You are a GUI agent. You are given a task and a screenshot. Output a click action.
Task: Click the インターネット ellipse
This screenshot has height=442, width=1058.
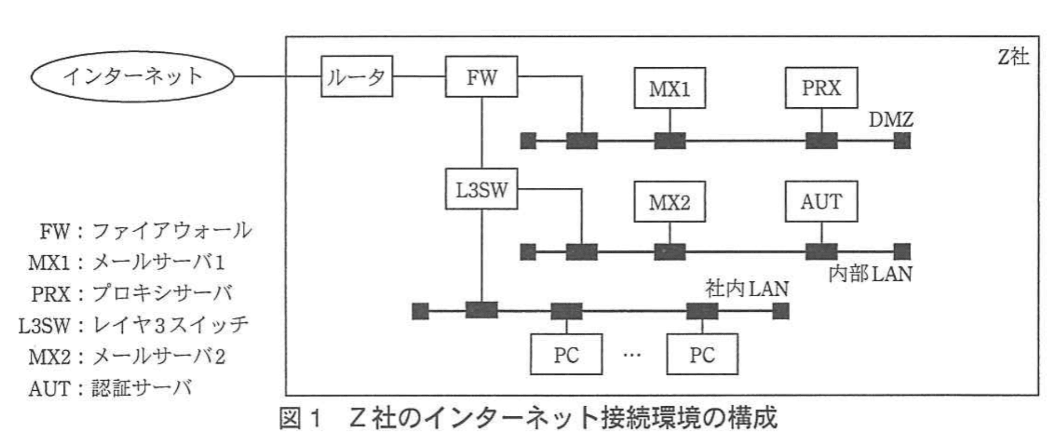pyautogui.click(x=132, y=76)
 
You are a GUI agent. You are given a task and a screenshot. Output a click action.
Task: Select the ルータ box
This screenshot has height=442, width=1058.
pyautogui.click(x=357, y=76)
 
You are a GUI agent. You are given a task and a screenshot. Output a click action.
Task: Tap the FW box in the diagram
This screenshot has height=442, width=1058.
pyautogui.click(x=481, y=76)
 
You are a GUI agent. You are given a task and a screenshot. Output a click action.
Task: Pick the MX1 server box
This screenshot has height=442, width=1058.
pyautogui.click(x=669, y=88)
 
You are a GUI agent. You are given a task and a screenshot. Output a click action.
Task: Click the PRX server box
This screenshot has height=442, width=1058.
pyautogui.click(x=821, y=88)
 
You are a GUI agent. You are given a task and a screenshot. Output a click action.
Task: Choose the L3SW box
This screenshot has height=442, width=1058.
pyautogui.click(x=481, y=190)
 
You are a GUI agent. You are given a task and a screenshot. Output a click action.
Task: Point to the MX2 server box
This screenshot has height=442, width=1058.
pyautogui.click(x=669, y=202)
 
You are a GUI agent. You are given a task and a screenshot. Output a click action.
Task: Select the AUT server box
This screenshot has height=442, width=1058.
pyautogui.click(x=821, y=201)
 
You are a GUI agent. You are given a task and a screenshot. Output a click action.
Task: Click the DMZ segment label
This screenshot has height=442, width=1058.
pyautogui.click(x=890, y=120)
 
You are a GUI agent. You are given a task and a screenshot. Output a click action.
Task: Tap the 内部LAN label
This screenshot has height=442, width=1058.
pyautogui.click(x=870, y=274)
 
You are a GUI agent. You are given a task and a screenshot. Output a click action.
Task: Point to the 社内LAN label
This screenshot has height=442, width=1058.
pyautogui.click(x=746, y=289)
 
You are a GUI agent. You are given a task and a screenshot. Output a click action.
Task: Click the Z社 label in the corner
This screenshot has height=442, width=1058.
pyautogui.click(x=1013, y=57)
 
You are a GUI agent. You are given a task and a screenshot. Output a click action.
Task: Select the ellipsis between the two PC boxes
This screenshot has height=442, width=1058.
pyautogui.click(x=632, y=355)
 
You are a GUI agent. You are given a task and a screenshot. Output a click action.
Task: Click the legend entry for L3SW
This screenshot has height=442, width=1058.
pyautogui.click(x=133, y=325)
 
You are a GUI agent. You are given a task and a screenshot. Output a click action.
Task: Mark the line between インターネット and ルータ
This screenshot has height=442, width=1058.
pyautogui.click(x=278, y=76)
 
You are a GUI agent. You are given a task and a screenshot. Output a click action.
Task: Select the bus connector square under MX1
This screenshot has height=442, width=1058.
pyautogui.click(x=669, y=141)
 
